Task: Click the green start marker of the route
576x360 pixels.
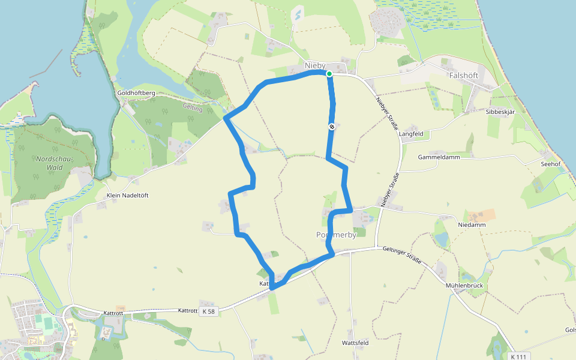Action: (x=329, y=74)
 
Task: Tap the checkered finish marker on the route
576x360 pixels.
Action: (x=332, y=127)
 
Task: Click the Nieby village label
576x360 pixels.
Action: (x=315, y=65)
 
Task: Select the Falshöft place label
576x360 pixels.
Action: (x=464, y=76)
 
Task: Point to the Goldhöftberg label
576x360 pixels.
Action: (x=137, y=93)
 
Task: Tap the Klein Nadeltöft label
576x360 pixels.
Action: (x=127, y=196)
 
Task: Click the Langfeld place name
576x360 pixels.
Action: (x=411, y=134)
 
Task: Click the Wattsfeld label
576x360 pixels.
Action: (x=355, y=343)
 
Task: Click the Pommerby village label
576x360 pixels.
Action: (x=336, y=235)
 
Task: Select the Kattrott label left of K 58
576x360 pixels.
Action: (x=187, y=310)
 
